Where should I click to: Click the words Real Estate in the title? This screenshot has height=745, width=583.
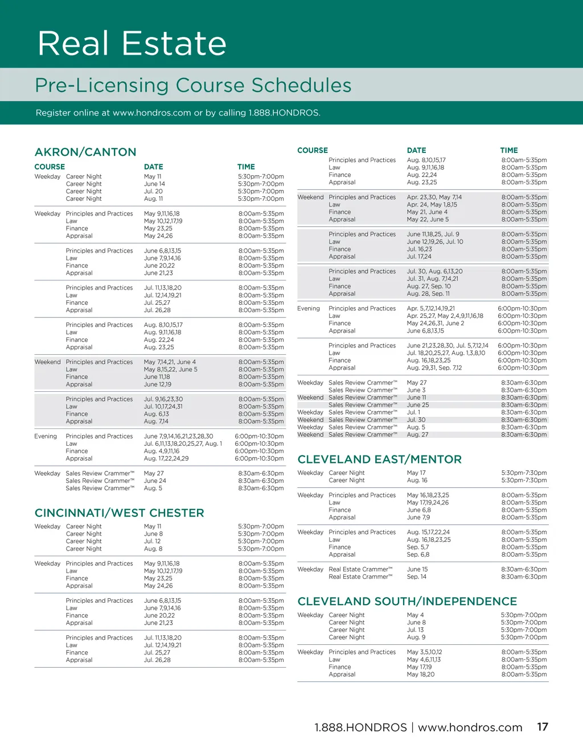pos(132,44)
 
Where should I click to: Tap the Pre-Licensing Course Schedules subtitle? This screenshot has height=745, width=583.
pos(193,85)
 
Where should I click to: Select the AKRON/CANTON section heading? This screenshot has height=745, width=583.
pos(85,152)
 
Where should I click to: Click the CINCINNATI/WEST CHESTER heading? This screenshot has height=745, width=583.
pos(119,513)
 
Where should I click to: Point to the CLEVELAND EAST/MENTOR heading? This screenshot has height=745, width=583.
pos(379,460)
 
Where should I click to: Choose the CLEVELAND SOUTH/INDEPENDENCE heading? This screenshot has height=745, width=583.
pos(407,602)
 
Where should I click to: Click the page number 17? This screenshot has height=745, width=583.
pos(543,727)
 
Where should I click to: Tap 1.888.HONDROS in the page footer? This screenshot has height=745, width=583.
pos(360,727)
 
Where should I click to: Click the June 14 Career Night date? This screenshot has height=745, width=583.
pos(154,184)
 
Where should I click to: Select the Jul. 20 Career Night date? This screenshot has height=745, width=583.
pos(153,192)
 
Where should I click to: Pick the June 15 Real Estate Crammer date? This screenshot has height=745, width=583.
pos(417,569)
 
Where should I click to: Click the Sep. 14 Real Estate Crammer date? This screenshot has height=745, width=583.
pos(416,577)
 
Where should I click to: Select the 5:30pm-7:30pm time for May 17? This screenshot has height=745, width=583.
pos(524,473)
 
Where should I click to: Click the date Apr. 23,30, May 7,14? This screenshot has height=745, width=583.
pos(434,197)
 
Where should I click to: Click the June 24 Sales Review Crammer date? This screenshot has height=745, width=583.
pos(155,481)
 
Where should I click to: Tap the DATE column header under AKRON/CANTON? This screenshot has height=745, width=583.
pos(153,167)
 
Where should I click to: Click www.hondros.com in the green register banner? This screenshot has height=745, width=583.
pos(151,113)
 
